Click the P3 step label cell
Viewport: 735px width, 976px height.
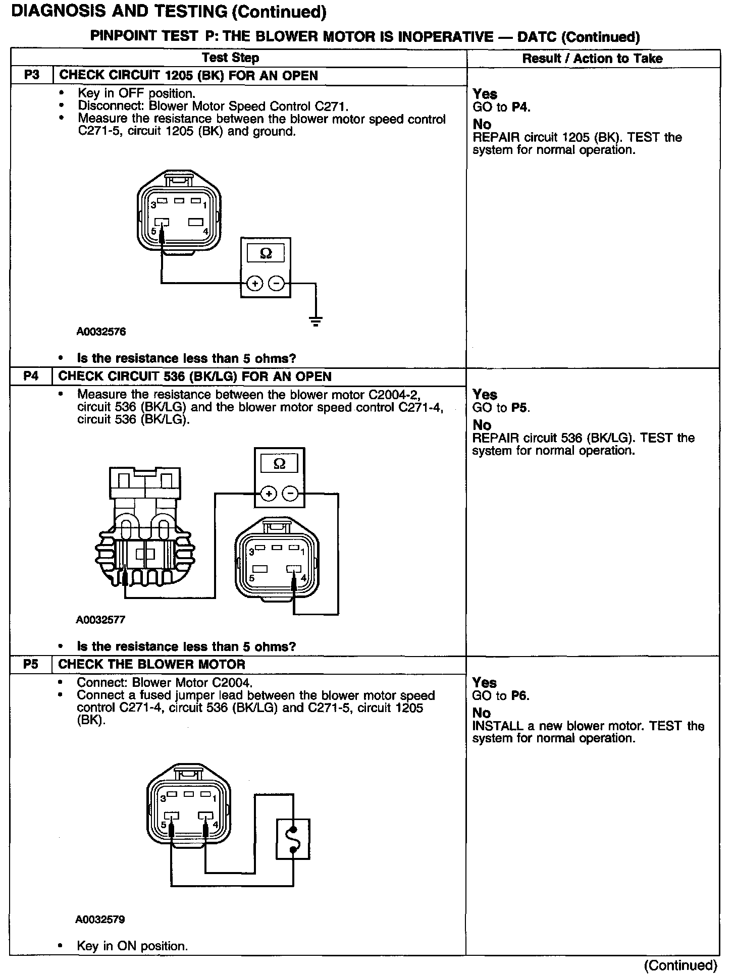point(31,76)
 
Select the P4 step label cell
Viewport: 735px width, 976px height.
point(31,376)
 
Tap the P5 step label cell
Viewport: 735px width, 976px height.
point(31,664)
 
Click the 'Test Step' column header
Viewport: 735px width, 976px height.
point(231,58)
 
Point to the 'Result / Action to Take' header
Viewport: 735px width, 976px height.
point(592,59)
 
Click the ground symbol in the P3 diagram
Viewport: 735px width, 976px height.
point(316,320)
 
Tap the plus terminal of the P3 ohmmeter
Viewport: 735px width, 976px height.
point(255,284)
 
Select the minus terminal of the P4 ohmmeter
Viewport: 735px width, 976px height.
point(290,494)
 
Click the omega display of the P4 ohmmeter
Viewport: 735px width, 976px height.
point(279,464)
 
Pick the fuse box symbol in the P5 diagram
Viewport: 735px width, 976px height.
point(293,839)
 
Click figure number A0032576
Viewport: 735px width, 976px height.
point(101,332)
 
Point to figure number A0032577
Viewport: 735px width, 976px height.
point(100,620)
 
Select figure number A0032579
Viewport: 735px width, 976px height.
point(100,919)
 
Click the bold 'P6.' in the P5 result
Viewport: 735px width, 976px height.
point(520,696)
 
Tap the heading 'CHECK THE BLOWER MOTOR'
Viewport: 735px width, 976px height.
point(152,664)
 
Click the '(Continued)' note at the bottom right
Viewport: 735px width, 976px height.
point(680,965)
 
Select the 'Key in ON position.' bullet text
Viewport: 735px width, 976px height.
point(132,946)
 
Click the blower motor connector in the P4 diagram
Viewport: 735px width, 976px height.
point(144,535)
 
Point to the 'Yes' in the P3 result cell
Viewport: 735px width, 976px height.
point(485,94)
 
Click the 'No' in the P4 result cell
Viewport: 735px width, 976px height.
point(482,425)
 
